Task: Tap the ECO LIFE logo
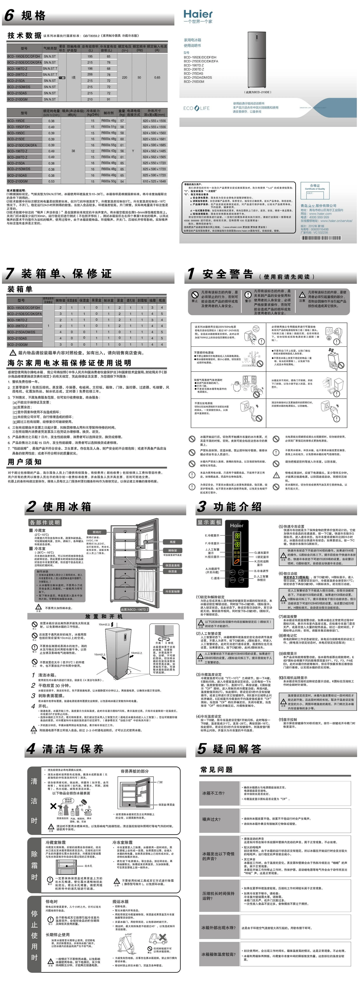coord(196,108)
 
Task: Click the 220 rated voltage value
coord(124,77)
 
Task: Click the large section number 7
coord(10,274)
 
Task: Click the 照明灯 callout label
coord(97,532)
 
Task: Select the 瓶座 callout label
coord(173,542)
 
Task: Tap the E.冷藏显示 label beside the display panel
coord(212,535)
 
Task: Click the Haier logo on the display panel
coord(237,525)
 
